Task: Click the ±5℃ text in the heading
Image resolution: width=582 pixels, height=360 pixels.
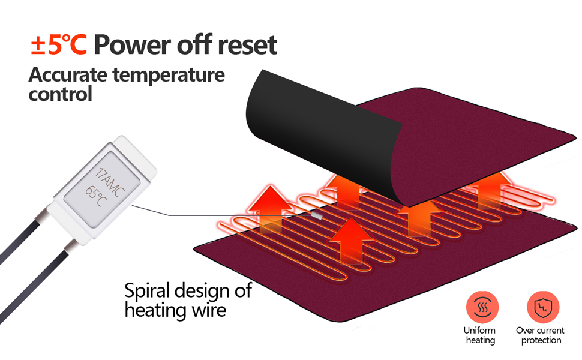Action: (x=59, y=45)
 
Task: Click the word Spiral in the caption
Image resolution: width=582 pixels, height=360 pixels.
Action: (x=149, y=291)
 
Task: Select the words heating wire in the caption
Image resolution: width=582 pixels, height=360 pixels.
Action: (x=175, y=310)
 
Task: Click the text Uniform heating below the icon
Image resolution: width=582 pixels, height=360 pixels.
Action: (x=479, y=335)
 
